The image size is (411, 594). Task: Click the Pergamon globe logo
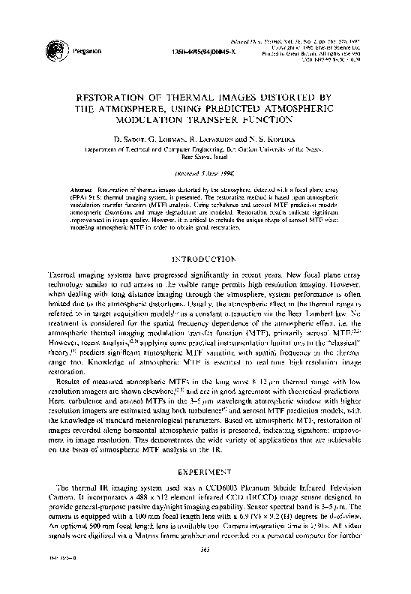53,49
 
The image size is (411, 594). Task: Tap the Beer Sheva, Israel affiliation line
205,157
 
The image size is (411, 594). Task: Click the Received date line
205,172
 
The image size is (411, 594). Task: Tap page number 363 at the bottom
205,571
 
